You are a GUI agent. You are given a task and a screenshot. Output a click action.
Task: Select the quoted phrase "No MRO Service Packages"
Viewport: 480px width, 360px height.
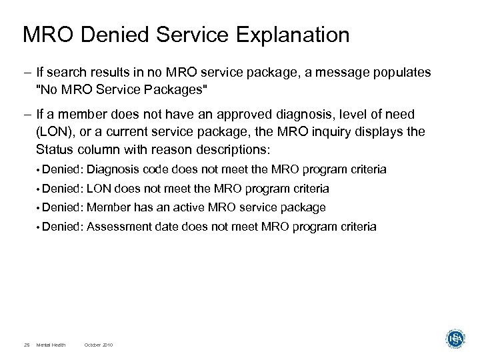pyautogui.click(x=113, y=87)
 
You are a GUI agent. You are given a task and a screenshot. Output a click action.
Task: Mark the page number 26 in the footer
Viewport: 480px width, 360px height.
pyautogui.click(x=26, y=345)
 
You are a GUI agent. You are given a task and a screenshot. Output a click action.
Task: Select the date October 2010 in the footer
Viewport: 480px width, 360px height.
pyautogui.click(x=99, y=345)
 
